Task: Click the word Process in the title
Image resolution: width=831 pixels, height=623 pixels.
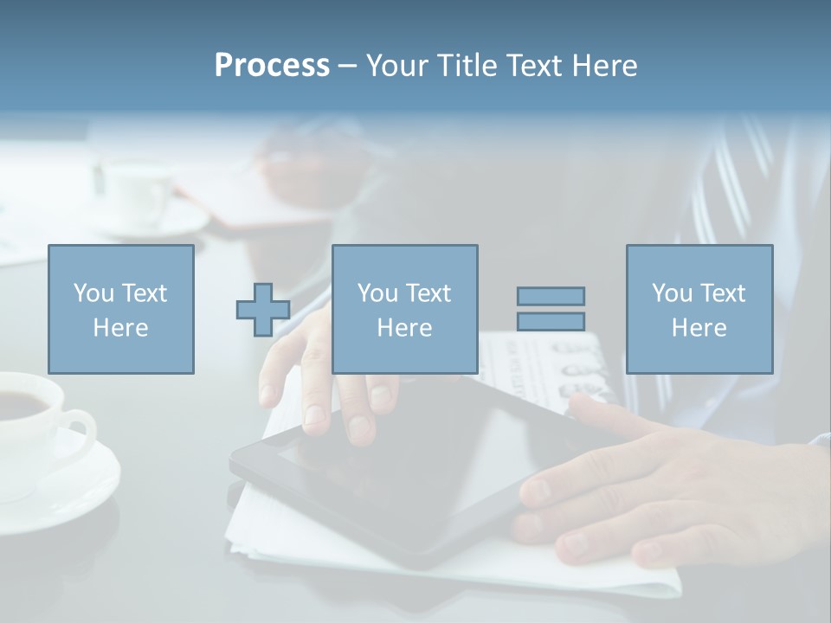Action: pos(272,66)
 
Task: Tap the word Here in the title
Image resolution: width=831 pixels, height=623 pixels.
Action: pos(605,66)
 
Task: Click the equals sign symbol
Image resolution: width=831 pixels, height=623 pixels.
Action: pos(551,309)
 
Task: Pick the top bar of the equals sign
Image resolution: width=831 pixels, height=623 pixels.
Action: pos(551,297)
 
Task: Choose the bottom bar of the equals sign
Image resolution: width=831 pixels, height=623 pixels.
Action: pos(551,321)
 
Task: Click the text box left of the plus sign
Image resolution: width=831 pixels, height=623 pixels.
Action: pos(121,310)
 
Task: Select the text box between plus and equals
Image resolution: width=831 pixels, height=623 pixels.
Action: pos(405,310)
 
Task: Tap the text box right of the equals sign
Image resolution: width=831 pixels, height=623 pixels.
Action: pos(699,310)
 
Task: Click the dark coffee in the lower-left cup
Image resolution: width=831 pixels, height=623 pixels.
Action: pos(22,403)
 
